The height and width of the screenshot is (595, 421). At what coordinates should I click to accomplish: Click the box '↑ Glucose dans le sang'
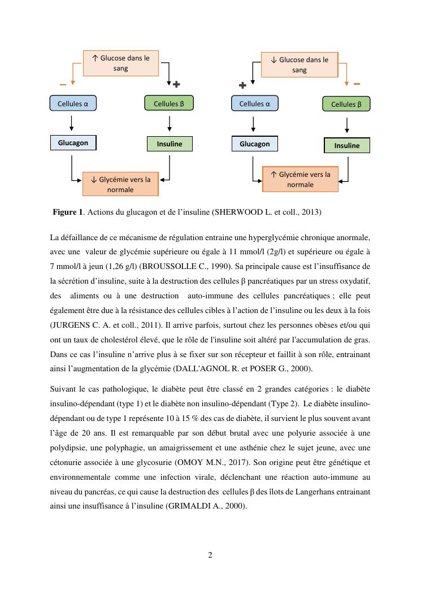click(x=120, y=63)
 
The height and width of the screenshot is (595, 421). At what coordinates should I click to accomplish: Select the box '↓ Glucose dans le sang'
click(x=299, y=64)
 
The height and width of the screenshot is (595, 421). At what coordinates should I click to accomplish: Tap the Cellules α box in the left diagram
click(x=73, y=103)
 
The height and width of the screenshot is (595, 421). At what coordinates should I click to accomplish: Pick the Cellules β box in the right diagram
click(x=346, y=104)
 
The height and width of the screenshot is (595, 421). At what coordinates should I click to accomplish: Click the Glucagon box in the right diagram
click(x=254, y=144)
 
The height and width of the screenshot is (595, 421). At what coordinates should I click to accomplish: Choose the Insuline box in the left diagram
click(x=170, y=144)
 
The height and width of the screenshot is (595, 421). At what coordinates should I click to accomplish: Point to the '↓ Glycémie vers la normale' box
click(x=120, y=184)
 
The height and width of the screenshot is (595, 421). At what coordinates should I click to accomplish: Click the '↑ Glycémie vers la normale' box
click(x=300, y=179)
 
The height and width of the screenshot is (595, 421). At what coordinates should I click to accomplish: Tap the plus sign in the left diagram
click(x=176, y=84)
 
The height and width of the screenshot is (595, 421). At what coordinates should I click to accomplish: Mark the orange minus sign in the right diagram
click(x=357, y=84)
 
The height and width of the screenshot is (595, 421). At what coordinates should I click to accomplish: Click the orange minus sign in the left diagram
click(x=63, y=85)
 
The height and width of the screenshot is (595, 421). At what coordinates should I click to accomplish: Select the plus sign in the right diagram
click(x=242, y=85)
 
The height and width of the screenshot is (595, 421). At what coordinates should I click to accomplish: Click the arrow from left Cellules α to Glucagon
click(x=72, y=123)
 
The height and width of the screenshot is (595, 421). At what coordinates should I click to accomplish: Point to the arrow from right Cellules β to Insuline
click(x=346, y=124)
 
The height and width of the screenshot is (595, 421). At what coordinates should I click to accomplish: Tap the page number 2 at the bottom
click(x=210, y=555)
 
